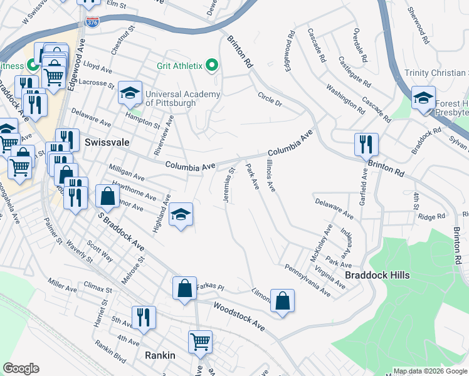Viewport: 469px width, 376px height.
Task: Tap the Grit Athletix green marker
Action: (x=211, y=65)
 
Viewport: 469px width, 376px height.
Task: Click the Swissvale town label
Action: (x=107, y=142)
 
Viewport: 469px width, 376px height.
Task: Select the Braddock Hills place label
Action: (x=377, y=275)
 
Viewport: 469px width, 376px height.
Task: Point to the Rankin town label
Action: (x=159, y=355)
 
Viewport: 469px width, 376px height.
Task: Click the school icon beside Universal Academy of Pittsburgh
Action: (x=130, y=93)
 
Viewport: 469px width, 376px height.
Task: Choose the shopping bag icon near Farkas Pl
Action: (x=185, y=289)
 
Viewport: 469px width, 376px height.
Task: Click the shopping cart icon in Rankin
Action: (x=200, y=342)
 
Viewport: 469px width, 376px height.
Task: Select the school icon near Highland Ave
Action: (x=181, y=216)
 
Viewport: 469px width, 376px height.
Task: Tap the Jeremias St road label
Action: (x=228, y=183)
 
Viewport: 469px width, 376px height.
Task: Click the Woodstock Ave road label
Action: (x=238, y=316)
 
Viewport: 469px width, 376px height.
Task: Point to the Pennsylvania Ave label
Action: (x=307, y=281)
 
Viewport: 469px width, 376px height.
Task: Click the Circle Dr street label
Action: (x=271, y=100)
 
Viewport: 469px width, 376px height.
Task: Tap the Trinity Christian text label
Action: (x=436, y=73)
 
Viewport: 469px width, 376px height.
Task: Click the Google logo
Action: (x=21, y=368)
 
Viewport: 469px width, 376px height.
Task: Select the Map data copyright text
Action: (x=429, y=371)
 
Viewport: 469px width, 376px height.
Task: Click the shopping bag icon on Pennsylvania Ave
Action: (x=283, y=301)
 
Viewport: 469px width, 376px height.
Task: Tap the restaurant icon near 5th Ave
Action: (x=144, y=317)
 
